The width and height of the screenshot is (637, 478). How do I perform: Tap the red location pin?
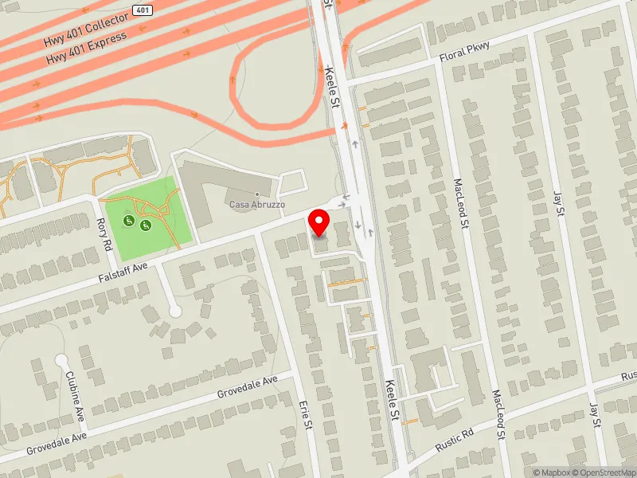319,222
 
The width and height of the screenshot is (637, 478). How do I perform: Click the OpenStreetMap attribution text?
603,472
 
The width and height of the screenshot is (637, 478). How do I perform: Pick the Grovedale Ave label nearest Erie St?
248,385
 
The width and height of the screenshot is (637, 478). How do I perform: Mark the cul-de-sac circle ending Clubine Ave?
61,361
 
